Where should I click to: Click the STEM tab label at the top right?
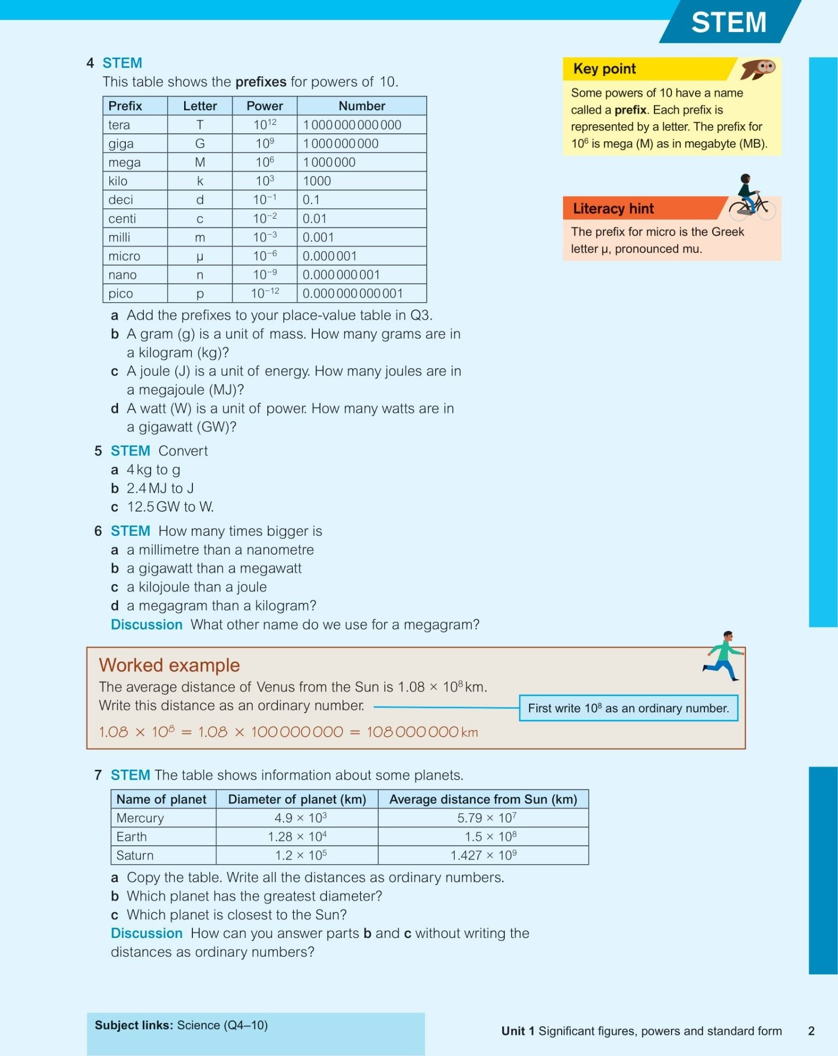point(728,22)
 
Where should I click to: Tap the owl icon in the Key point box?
point(759,69)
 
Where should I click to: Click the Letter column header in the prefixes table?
point(200,106)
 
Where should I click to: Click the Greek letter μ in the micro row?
point(200,256)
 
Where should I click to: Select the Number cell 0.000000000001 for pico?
point(353,293)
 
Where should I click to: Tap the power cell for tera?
point(265,124)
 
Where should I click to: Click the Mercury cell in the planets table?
point(140,818)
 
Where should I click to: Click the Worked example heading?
point(169,665)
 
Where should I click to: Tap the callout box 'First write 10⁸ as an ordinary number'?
point(628,708)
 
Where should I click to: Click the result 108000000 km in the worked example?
point(422,732)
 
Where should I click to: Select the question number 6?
point(98,531)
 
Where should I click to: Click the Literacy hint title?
point(613,208)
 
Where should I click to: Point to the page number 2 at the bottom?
point(811,1031)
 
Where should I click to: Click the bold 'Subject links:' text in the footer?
point(134,1025)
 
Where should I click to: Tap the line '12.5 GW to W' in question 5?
point(170,507)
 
